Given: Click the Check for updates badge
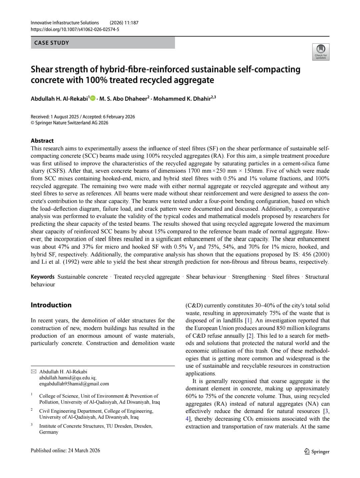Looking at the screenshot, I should tap(321, 52).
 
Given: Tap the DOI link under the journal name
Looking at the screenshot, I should tap(75, 29).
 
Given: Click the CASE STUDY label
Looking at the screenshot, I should tap(52, 43).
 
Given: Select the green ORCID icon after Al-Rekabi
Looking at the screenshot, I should tap(93, 98).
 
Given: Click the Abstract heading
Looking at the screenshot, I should tap(42, 141).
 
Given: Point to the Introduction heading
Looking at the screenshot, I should tap(51, 305).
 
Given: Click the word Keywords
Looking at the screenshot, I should tap(42, 277).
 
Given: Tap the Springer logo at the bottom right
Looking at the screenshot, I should tap(317, 451).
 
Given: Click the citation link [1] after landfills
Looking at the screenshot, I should tap(248, 321).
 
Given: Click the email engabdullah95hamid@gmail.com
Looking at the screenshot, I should tap(74, 384).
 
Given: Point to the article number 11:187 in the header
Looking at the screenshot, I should tap(131, 23).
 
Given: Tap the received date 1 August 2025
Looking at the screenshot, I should tap(65, 117).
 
